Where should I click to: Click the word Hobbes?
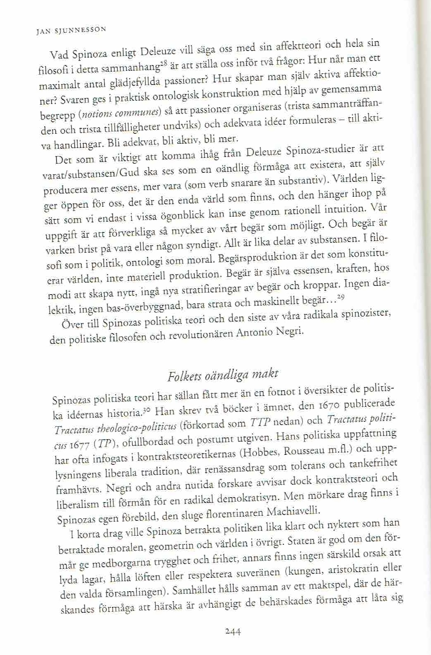pos(265,453)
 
